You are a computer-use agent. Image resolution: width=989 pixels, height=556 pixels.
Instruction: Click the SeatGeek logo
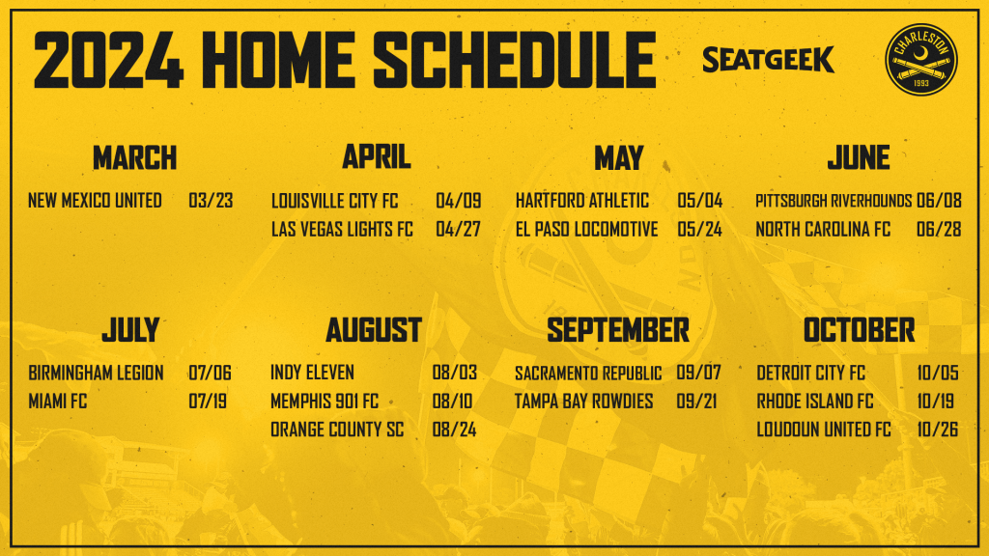[x=768, y=59]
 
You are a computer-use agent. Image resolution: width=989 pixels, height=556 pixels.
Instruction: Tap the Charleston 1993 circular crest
[x=920, y=59]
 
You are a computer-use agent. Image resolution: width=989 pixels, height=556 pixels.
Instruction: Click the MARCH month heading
[x=134, y=157]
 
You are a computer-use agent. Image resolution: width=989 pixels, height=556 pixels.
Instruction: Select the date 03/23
[x=211, y=201]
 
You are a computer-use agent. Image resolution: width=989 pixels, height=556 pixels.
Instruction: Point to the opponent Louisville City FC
[x=334, y=201]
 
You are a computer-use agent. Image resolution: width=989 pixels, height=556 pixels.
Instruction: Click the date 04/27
[x=458, y=229]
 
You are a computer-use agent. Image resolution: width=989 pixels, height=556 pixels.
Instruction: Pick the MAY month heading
[x=619, y=157]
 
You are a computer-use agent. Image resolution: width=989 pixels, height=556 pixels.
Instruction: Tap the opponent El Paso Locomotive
[x=586, y=229]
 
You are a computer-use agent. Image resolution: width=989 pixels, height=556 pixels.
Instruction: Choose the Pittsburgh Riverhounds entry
[x=834, y=201]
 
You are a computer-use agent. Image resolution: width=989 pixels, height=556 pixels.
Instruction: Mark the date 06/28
[x=939, y=229]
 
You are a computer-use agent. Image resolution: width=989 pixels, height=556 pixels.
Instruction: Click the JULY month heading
[x=130, y=330]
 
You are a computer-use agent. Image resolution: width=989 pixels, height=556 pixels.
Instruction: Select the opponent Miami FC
[x=57, y=401]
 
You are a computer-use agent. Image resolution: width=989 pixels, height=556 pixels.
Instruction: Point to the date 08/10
[x=452, y=401]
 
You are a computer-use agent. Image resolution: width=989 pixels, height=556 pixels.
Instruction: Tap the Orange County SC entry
[x=337, y=430]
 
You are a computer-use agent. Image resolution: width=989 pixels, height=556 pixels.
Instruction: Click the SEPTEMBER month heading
[x=618, y=330]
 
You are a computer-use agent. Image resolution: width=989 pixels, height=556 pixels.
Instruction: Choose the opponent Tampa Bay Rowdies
[x=583, y=401]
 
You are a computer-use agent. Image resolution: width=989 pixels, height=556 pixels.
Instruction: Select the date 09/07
[x=698, y=373]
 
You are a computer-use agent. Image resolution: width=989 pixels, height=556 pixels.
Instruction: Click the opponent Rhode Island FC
[x=815, y=401]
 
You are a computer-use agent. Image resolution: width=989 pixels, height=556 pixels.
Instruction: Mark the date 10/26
[x=937, y=430]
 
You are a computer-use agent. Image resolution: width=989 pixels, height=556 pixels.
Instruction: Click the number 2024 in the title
[x=108, y=60]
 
